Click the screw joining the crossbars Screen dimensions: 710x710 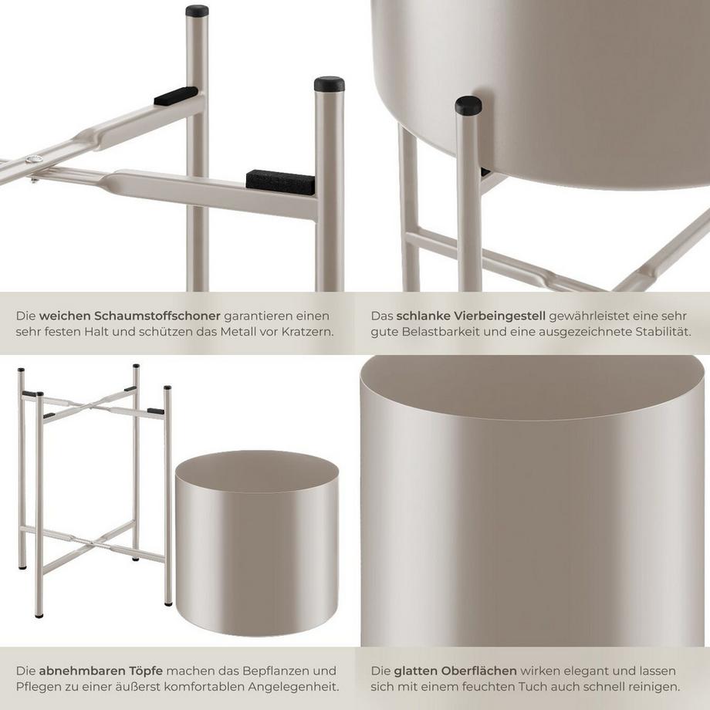pos(35,159)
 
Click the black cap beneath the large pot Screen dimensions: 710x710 pos(468,105)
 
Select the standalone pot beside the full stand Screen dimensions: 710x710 pos(257,543)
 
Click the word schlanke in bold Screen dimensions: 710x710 pos(423,316)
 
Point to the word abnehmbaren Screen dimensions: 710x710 pos(79,671)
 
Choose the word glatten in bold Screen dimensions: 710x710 pos(415,671)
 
